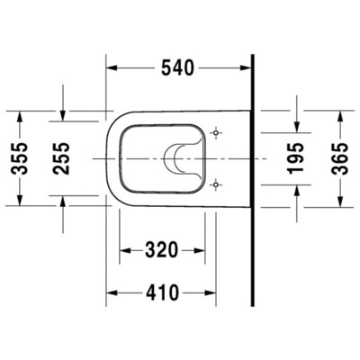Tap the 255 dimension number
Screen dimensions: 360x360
(x=62, y=157)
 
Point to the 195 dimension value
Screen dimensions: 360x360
(x=296, y=157)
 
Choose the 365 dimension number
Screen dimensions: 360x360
(x=340, y=157)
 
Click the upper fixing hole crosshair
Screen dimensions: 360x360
(x=215, y=133)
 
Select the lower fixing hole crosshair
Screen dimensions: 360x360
(x=215, y=184)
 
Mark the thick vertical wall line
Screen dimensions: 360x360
(x=252, y=180)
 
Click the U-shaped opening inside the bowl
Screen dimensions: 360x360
(x=184, y=157)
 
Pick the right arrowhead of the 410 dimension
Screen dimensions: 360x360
(x=211, y=292)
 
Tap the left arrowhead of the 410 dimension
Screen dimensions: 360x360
(x=112, y=292)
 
